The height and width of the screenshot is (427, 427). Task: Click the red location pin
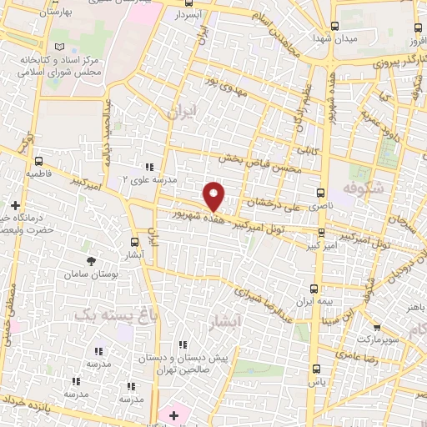[x=215, y=195]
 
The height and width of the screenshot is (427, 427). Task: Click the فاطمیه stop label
[x=38, y=175]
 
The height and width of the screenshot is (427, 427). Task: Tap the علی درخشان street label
[x=271, y=203]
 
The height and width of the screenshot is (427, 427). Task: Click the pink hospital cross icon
[x=173, y=414]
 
